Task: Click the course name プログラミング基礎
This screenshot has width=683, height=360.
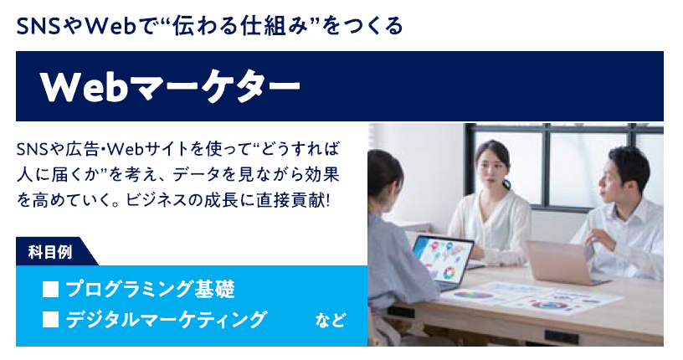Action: pyautogui.click(x=150, y=291)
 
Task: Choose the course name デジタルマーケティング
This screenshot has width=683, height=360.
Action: pyautogui.click(x=167, y=320)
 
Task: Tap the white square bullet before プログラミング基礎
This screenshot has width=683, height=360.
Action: pyautogui.click(x=50, y=291)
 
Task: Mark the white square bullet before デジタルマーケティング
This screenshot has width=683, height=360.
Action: pyautogui.click(x=50, y=320)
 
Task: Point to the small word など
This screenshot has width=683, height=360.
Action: pyautogui.click(x=330, y=321)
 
